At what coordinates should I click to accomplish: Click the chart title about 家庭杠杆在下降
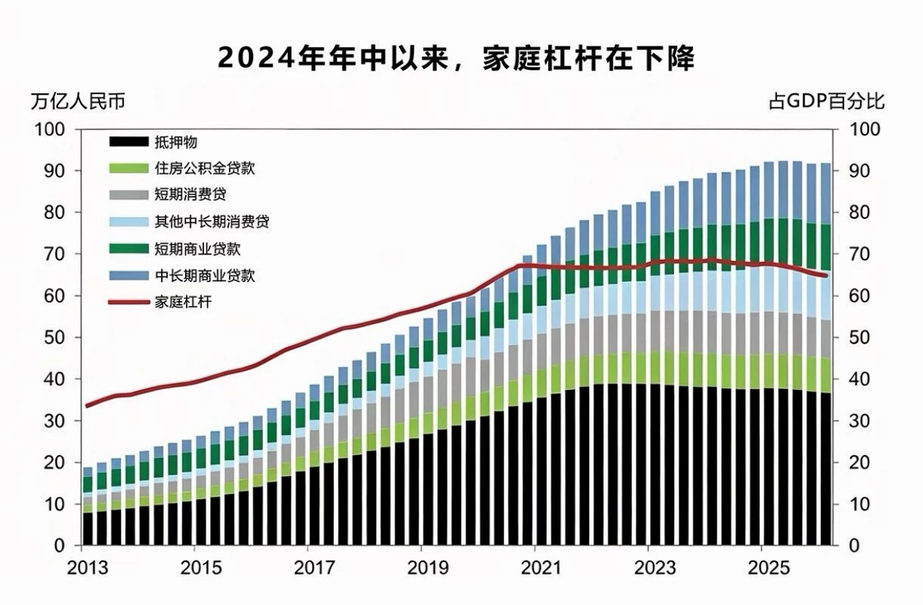[x=456, y=59]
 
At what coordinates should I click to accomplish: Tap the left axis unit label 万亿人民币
[x=78, y=101]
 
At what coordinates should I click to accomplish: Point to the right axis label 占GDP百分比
[x=827, y=101]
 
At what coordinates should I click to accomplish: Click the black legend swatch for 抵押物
[x=129, y=141]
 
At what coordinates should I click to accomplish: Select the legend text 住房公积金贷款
[x=205, y=168]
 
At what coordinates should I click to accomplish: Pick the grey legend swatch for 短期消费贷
[x=129, y=195]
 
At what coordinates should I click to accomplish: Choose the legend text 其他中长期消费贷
[x=212, y=222]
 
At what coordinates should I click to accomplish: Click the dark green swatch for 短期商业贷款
[x=129, y=249]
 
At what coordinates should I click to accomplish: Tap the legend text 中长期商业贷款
[x=205, y=276]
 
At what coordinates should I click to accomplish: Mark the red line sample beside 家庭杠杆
[x=129, y=302]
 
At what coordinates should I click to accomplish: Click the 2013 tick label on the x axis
[x=87, y=569]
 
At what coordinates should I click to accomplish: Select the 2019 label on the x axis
[x=428, y=569]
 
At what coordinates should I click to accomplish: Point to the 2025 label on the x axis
[x=768, y=569]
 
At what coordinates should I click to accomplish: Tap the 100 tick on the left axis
[x=50, y=129]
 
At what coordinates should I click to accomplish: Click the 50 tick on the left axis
[x=55, y=337]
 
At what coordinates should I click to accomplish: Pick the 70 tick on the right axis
[x=860, y=254]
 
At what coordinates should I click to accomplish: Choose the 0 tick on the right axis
[x=854, y=546]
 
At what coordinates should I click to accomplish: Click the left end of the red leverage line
[x=87, y=406]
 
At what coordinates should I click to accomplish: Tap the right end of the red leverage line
[x=825, y=275]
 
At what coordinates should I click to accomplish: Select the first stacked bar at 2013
[x=87, y=507]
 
